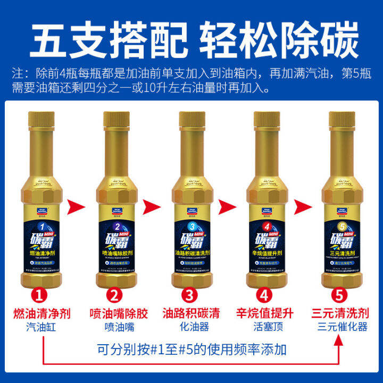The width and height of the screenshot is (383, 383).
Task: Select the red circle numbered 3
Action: tap(190, 294)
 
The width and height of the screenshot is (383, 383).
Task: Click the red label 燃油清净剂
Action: tap(41, 313)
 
